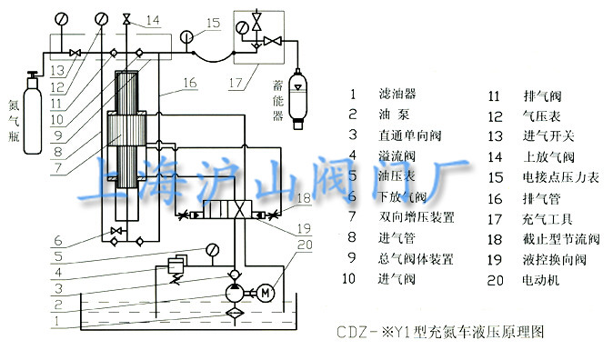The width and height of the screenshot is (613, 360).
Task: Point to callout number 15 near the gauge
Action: tap(213, 23)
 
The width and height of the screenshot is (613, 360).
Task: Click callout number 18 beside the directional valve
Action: tap(304, 197)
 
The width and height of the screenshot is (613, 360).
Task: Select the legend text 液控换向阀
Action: tap(544, 259)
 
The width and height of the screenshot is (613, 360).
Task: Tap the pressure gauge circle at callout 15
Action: tap(186, 37)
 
